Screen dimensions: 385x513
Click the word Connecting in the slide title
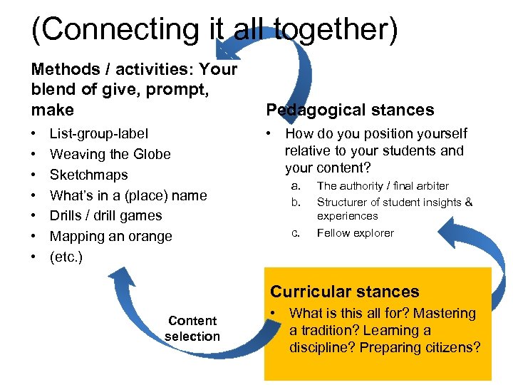118,30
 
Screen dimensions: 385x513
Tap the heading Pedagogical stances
349,110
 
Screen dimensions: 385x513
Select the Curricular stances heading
344,292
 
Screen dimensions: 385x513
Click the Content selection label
192,329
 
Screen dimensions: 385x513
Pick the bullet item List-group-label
99,133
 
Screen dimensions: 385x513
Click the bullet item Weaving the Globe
110,154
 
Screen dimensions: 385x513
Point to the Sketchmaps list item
88,175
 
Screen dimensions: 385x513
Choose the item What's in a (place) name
128,195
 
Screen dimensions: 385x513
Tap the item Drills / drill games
105,215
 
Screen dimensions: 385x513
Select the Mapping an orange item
110,236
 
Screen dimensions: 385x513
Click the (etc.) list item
66,257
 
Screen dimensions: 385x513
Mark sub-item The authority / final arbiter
383,186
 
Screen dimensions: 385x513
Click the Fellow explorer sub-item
355,233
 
